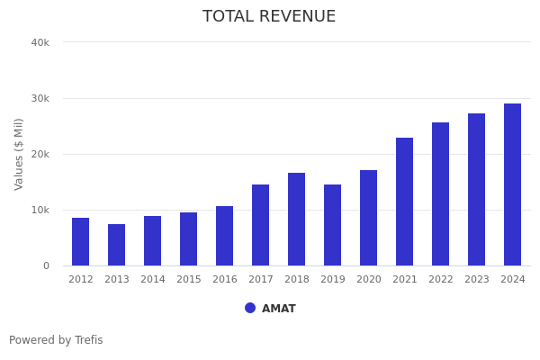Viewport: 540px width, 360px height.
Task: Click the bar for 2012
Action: pyautogui.click(x=81, y=241)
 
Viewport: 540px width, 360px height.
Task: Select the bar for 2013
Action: pyautogui.click(x=117, y=245)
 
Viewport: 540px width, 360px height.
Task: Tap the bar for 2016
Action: pyautogui.click(x=225, y=236)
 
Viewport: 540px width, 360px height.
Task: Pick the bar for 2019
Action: pyautogui.click(x=333, y=225)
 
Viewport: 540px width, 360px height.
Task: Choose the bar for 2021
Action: pyautogui.click(x=405, y=202)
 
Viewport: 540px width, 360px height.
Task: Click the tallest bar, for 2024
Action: pyautogui.click(x=513, y=184)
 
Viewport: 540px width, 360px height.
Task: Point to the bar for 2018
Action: pyautogui.click(x=297, y=219)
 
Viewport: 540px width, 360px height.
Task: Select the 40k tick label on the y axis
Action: pyautogui.click(x=40, y=42)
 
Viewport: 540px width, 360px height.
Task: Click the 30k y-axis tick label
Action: pyautogui.click(x=40, y=98)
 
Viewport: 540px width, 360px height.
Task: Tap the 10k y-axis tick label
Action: pyautogui.click(x=40, y=210)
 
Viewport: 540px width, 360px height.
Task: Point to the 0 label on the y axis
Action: pyautogui.click(x=45, y=265)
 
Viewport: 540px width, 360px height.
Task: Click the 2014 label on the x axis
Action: pyautogui.click(x=153, y=280)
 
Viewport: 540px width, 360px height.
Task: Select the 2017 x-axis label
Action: pyautogui.click(x=261, y=280)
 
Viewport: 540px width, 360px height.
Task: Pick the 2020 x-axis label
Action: pyautogui.click(x=369, y=280)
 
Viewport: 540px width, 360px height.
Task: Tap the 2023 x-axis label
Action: pyautogui.click(x=477, y=280)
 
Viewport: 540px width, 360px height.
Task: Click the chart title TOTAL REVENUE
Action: pyautogui.click(x=269, y=17)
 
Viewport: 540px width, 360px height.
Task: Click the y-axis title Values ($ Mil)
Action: pyautogui.click(x=19, y=154)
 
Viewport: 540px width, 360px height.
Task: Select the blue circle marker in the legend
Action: pyautogui.click(x=250, y=308)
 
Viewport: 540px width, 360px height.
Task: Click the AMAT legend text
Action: pyautogui.click(x=279, y=309)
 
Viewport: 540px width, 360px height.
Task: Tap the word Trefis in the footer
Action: pyautogui.click(x=88, y=340)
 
